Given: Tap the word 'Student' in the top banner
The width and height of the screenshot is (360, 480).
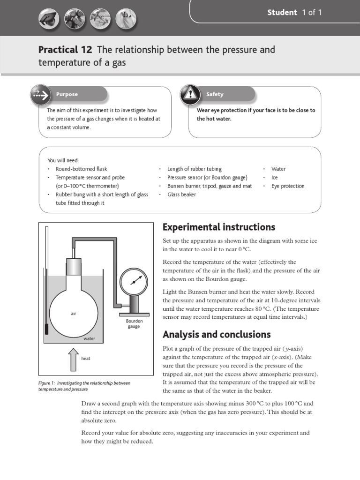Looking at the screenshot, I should pos(282,13).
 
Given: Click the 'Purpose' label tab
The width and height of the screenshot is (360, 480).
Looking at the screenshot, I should pos(67,94).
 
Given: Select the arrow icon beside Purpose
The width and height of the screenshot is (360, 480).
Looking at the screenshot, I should pos(40,95).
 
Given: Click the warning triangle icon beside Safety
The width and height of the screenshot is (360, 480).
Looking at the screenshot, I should pos(190,94).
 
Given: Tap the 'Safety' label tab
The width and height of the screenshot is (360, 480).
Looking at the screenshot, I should pos(215,94).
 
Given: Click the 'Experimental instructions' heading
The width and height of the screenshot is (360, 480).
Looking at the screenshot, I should pos(218,227).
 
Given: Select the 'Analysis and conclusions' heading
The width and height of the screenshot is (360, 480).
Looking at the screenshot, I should pos(216,335).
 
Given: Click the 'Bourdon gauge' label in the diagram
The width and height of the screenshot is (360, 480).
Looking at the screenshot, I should pos(134,324).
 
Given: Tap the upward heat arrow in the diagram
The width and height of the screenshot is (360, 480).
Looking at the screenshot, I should pos(73,359).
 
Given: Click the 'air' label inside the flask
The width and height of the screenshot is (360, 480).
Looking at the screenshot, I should pos(74,314).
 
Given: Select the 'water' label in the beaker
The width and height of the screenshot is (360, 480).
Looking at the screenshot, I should pos(89,338).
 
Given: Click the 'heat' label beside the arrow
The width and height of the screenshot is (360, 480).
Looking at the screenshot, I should pos(85,359).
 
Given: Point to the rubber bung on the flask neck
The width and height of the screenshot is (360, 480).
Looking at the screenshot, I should pos(73,267).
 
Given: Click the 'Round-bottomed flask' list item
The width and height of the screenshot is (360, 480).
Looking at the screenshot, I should pos(81,169).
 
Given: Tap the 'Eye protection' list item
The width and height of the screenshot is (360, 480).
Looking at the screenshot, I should pos(288,186).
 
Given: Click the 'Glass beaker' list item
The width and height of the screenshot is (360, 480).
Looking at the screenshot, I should pos(181,195).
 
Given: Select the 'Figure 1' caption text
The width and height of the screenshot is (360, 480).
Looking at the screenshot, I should pos(84,386).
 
